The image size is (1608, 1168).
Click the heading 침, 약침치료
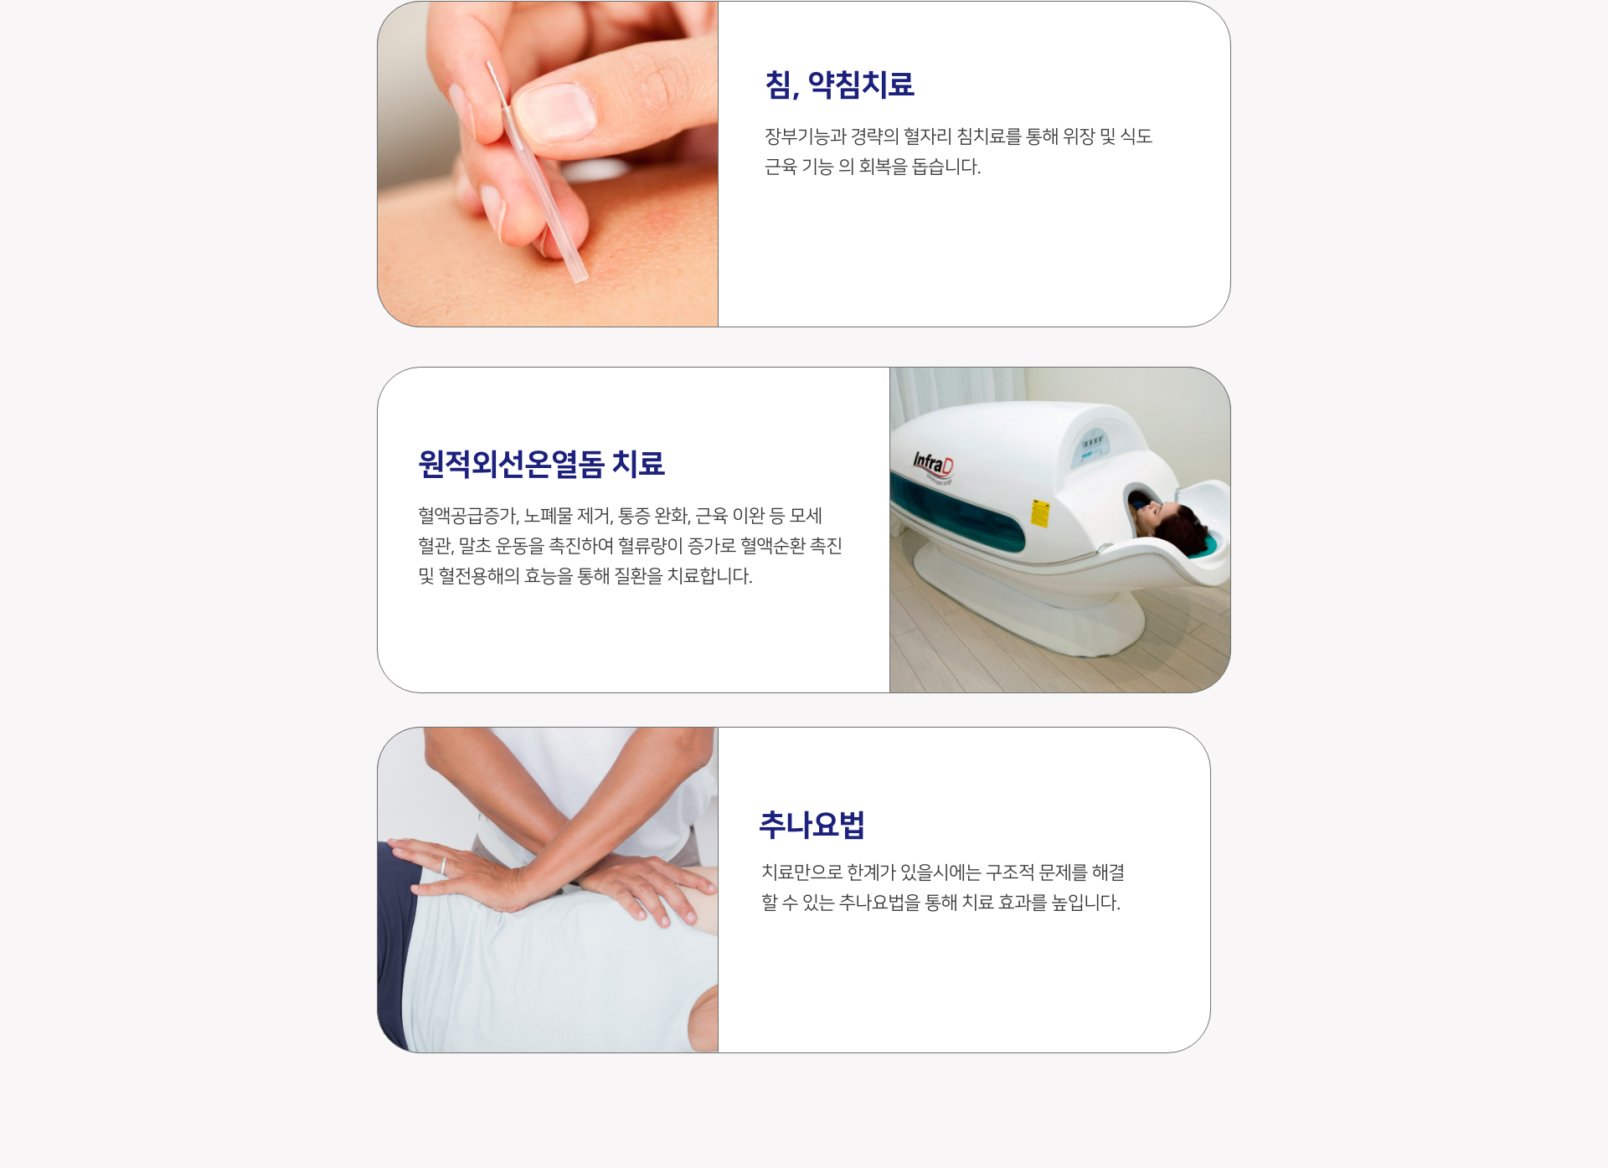click(839, 85)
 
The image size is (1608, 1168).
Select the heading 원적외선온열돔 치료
click(541, 464)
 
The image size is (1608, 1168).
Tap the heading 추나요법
click(812, 825)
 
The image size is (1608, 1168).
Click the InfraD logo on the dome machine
click(933, 464)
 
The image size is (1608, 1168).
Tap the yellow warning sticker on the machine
click(1039, 513)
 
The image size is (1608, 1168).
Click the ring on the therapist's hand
click(444, 866)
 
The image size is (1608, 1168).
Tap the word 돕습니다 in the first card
click(946, 167)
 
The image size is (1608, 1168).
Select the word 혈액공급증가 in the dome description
click(469, 516)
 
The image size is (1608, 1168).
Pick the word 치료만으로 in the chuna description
click(801, 872)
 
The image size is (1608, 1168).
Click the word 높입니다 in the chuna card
click(1086, 903)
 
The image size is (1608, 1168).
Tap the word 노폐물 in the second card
click(549, 516)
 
